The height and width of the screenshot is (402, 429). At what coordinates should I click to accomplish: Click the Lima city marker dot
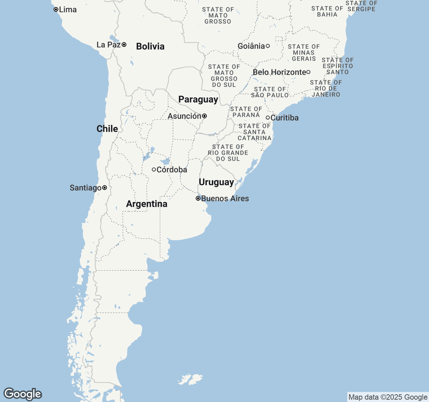(56, 9)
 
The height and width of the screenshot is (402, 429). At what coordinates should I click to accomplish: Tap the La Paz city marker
(124, 45)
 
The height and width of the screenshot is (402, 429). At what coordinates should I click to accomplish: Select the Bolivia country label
(150, 46)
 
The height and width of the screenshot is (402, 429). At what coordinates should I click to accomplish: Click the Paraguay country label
(198, 99)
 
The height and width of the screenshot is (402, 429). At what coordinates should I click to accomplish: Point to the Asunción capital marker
(204, 116)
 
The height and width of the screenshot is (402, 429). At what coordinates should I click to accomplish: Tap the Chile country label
(107, 129)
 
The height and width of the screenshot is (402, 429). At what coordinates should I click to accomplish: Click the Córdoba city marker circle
(154, 170)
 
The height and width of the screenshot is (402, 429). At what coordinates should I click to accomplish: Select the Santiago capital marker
(105, 188)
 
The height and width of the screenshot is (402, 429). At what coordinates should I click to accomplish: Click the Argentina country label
(146, 204)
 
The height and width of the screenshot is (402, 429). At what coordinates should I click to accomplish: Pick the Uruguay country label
(216, 182)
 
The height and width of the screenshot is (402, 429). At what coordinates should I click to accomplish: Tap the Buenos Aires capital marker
(198, 198)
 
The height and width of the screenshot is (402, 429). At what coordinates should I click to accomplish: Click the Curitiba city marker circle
(268, 118)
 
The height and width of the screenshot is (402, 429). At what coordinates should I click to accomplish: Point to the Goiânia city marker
(268, 46)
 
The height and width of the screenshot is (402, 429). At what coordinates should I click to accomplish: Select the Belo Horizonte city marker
(308, 72)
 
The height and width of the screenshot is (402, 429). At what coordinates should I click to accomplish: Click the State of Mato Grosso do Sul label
(224, 76)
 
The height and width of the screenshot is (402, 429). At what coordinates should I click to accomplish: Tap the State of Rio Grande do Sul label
(228, 153)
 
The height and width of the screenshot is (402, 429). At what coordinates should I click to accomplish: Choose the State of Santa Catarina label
(254, 132)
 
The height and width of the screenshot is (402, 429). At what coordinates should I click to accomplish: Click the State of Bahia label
(327, 11)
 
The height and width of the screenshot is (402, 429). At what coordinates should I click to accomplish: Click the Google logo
(22, 394)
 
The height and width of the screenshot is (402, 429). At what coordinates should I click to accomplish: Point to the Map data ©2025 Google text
(388, 397)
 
